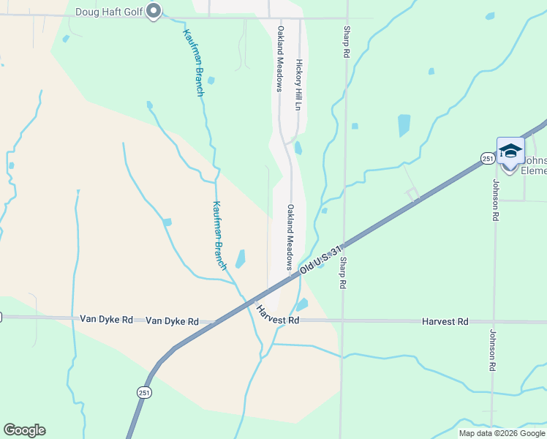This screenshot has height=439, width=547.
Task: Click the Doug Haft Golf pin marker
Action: coord(154,11)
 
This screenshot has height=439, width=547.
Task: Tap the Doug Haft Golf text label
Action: coord(110,12)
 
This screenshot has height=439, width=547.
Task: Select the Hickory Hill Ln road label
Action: coord(298,85)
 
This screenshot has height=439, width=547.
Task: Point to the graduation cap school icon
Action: coord(510,151)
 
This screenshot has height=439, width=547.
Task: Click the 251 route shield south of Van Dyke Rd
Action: coord(143,393)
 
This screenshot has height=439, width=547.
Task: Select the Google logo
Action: coord(24,430)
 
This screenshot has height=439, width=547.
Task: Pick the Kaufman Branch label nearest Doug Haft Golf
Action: coord(193,62)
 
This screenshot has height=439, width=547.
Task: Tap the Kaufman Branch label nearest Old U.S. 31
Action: coord(219,236)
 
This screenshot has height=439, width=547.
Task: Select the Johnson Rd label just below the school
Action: coord(495,200)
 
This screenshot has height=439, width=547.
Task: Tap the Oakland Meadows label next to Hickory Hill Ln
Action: coord(279,59)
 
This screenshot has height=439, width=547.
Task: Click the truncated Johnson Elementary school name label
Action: coord(534,165)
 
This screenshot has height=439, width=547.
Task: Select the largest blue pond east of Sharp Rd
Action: coord(404,125)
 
